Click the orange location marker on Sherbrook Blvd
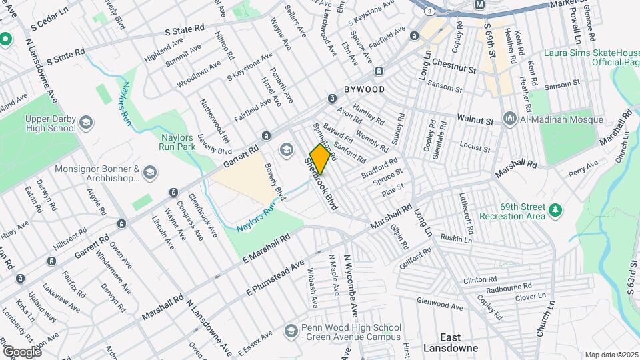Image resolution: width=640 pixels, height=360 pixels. coord(320,159)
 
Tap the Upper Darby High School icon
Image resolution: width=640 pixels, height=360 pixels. coord(86,123)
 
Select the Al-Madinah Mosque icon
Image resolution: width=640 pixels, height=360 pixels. coord(510,119)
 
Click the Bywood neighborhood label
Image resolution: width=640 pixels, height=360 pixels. coord(364,89)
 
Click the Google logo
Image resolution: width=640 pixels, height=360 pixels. coord(22,351)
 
